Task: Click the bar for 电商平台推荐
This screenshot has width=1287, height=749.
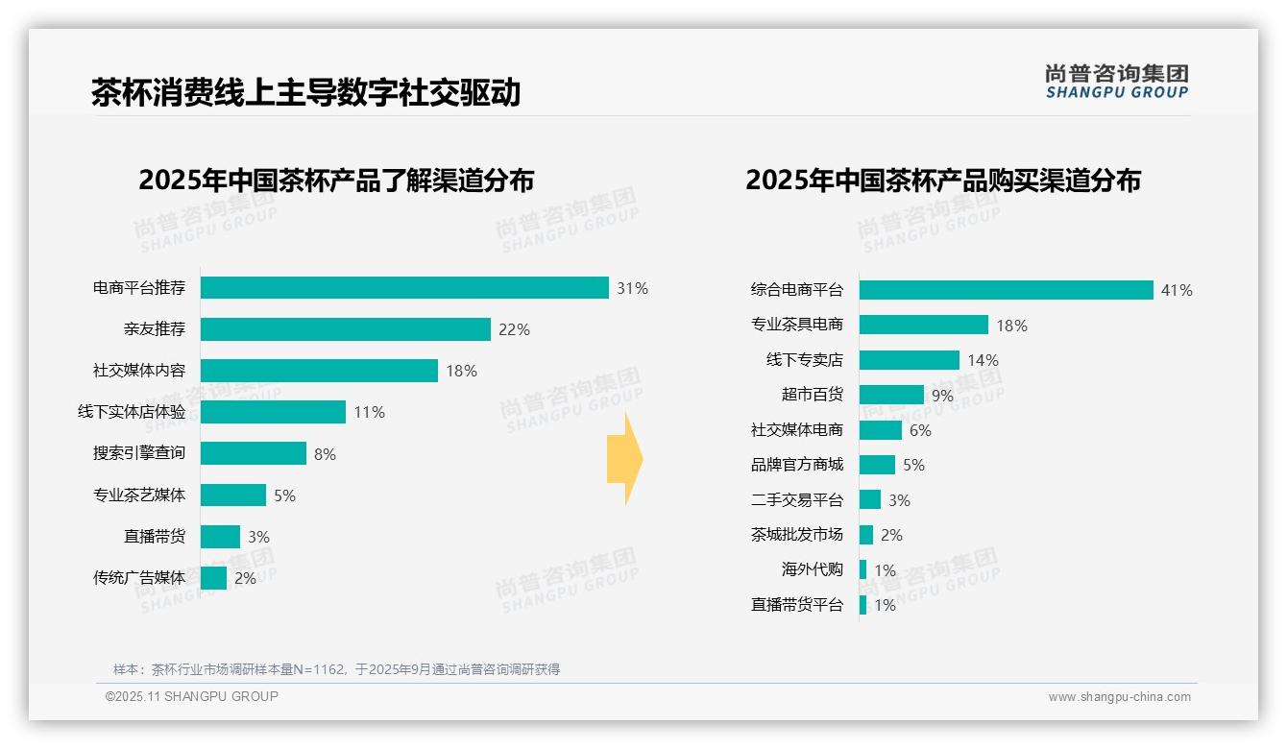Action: tap(404, 288)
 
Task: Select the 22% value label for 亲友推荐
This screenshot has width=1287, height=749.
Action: tap(514, 329)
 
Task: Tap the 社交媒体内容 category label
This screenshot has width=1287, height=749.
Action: tap(139, 371)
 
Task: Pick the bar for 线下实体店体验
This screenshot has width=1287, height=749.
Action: tap(273, 412)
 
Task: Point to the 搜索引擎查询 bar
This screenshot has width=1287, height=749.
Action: tap(254, 453)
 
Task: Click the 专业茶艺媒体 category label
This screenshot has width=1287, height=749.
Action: tap(139, 495)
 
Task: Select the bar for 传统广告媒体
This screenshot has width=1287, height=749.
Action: tap(214, 578)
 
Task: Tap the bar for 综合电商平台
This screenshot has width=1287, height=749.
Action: tap(1006, 290)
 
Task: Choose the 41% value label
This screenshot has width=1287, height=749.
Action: tap(1177, 290)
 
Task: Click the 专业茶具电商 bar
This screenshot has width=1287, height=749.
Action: tap(923, 325)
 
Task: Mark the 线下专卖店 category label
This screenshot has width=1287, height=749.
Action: tap(804, 360)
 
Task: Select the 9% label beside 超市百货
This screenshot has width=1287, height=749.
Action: tap(942, 395)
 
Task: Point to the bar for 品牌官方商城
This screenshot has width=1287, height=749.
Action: tap(877, 465)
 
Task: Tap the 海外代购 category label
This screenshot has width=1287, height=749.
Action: tap(812, 569)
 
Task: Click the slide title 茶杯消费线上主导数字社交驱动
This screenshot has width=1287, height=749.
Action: tap(305, 93)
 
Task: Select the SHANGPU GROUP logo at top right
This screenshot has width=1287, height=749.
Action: tap(1116, 82)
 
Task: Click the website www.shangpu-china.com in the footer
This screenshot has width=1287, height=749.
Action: tap(1119, 697)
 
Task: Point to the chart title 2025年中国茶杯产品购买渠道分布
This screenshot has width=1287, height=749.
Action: tap(942, 181)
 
